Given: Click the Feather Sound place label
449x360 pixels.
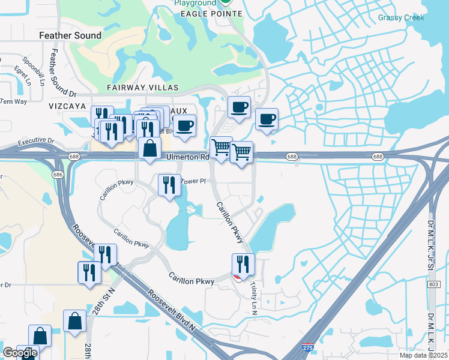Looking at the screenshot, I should tap(70, 35).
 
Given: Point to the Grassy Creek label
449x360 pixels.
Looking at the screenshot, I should tap(401, 18).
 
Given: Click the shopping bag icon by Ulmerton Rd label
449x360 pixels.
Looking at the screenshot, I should tap(149, 148).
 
